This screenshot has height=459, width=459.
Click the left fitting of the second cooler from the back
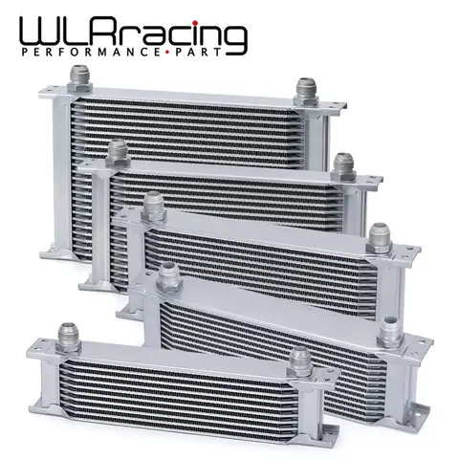[120, 150]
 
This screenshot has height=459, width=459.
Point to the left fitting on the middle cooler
[151, 204]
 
